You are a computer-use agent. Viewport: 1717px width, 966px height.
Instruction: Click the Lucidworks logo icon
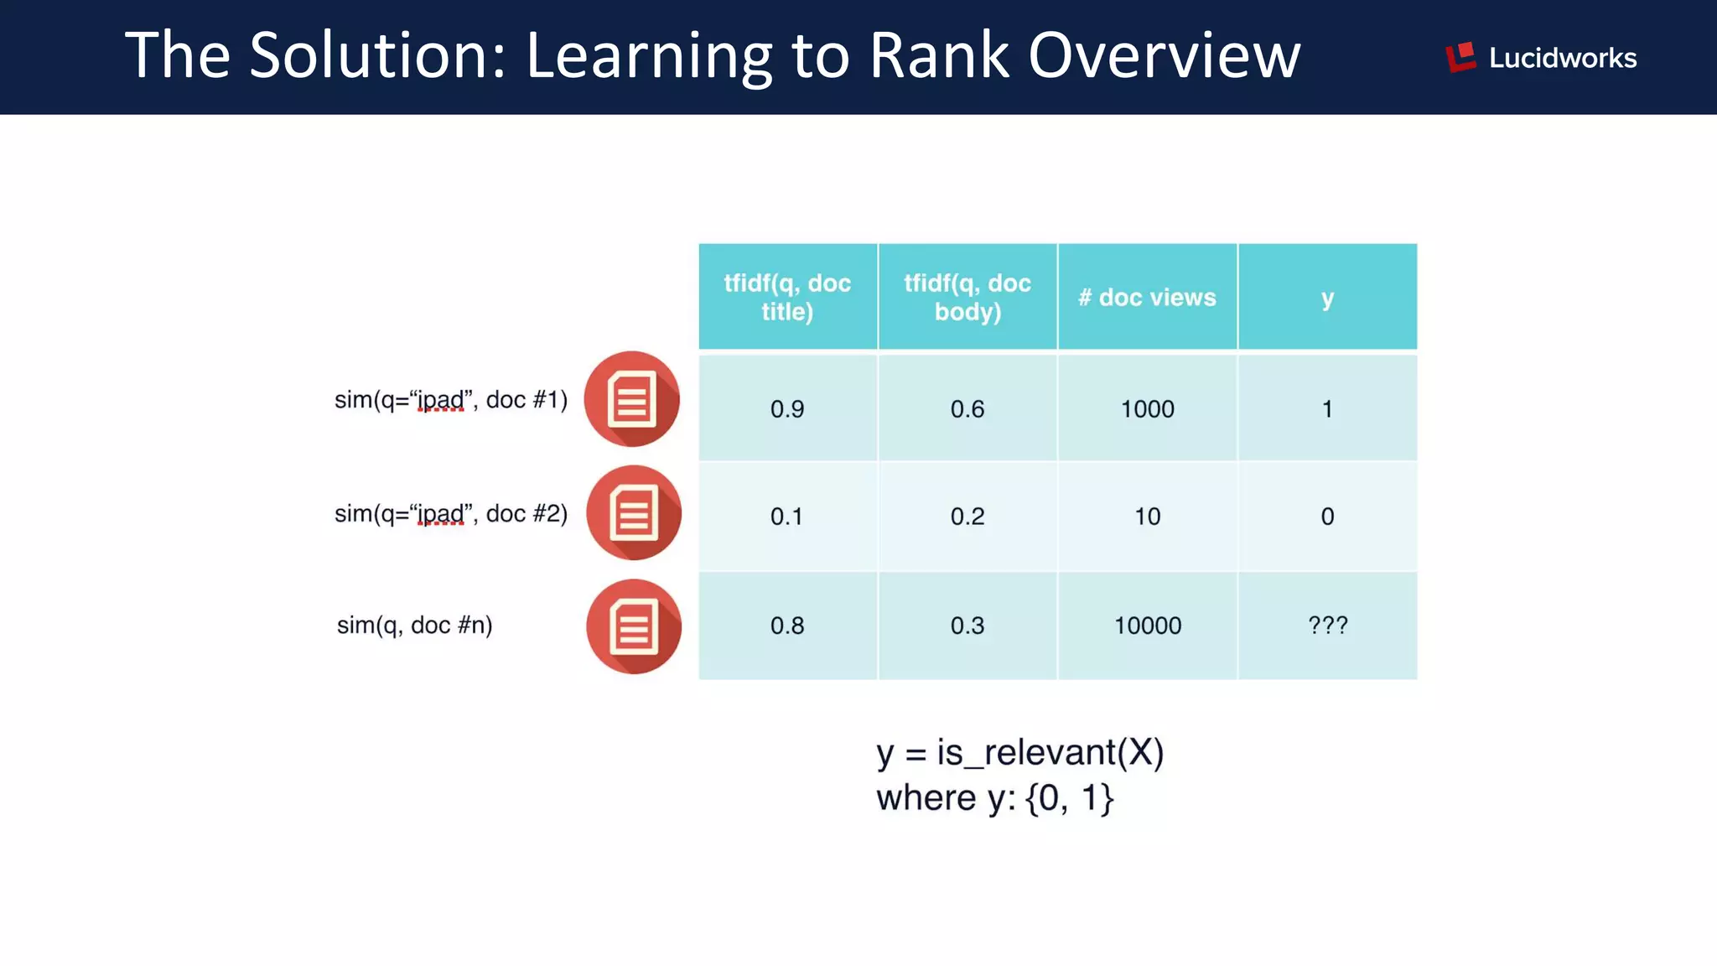[x=1460, y=57]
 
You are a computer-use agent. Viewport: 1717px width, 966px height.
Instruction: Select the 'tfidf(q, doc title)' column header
[x=787, y=297]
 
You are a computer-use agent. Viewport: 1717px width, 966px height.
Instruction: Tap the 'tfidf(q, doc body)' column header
[x=967, y=297]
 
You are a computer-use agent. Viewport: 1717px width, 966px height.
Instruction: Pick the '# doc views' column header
[x=1147, y=297]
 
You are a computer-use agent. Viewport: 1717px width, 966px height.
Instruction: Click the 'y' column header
[x=1327, y=297]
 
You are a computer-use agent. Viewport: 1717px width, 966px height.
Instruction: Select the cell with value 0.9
[x=787, y=408]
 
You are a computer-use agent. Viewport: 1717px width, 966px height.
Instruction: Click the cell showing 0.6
[x=967, y=408]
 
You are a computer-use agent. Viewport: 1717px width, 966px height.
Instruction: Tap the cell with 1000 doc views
[x=1147, y=408]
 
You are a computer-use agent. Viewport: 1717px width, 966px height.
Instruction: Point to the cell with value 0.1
[x=787, y=516]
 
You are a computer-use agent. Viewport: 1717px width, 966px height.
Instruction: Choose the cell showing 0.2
[x=967, y=516]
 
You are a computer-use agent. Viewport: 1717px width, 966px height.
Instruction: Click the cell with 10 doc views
[x=1147, y=516]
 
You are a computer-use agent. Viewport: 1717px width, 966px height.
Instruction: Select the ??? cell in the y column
[x=1327, y=626]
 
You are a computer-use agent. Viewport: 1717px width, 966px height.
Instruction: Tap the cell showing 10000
[x=1147, y=626]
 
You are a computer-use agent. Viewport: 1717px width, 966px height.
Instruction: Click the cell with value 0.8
[x=787, y=626]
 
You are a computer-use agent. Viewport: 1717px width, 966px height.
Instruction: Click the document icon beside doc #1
[x=632, y=399]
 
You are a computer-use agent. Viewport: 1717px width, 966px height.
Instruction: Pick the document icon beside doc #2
[x=634, y=513]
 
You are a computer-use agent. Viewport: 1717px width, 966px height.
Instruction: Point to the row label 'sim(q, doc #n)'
[x=414, y=625]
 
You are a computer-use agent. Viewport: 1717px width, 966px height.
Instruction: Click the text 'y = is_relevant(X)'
[x=1019, y=752]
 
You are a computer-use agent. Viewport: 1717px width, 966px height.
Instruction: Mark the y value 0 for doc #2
[x=1327, y=516]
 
